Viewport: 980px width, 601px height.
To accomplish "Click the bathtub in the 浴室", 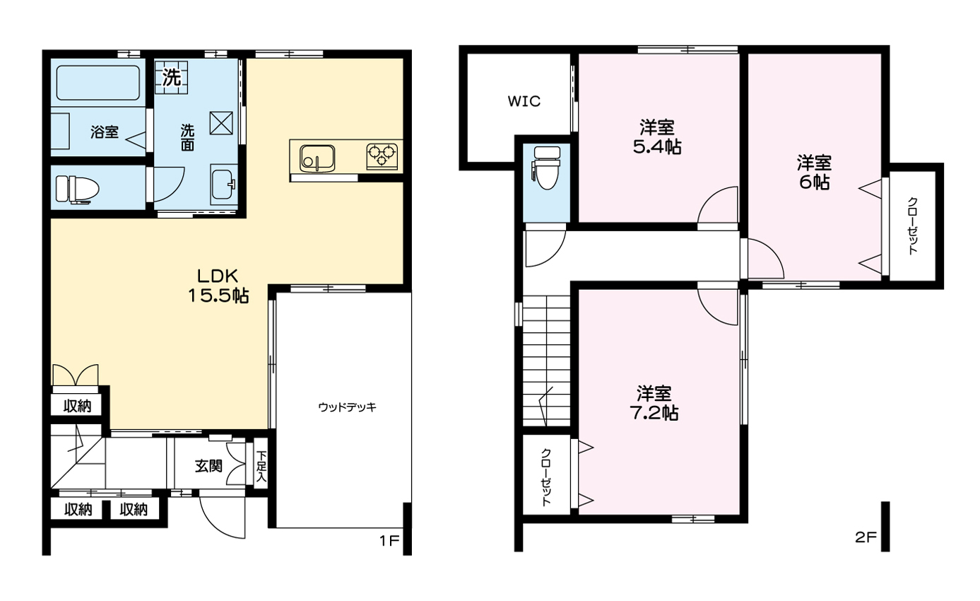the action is click(98, 83).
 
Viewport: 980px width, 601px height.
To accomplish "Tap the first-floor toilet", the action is click(77, 189).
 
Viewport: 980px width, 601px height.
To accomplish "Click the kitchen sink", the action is click(317, 158).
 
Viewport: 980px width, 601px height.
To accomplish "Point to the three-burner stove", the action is click(382, 156).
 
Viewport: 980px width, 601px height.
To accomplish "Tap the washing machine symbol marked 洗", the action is click(172, 78).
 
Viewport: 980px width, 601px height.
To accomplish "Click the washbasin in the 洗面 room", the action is click(223, 185).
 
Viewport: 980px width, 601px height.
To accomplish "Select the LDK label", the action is click(218, 276).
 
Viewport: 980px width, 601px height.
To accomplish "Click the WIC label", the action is click(524, 102).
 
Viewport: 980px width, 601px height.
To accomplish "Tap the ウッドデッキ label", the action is click(347, 407).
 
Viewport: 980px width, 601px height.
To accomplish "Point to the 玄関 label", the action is click(208, 466).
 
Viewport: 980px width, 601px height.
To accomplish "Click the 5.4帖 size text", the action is click(656, 146).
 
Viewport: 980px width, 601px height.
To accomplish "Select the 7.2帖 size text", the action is click(654, 413).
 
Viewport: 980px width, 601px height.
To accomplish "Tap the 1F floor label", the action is click(389, 541).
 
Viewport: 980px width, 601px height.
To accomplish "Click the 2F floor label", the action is click(866, 537).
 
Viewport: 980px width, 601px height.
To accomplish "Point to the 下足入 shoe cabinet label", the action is click(261, 467).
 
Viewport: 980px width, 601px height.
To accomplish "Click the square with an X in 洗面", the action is click(221, 123).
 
